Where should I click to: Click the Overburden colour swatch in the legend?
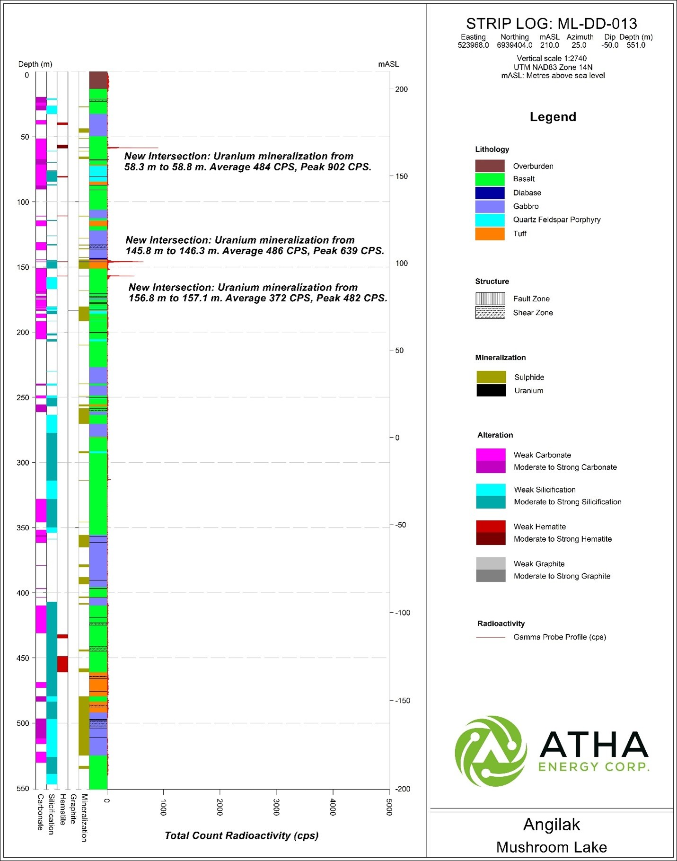tap(490, 166)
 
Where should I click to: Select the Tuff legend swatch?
tap(490, 234)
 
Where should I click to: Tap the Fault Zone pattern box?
tap(490, 299)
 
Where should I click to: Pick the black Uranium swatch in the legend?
tap(491, 390)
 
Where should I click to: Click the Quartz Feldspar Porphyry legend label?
tap(556, 220)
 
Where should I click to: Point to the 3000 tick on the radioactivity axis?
tap(276, 807)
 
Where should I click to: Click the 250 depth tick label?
tap(23, 398)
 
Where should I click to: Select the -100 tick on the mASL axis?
tap(401, 613)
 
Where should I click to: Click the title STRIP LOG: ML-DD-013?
tap(551, 24)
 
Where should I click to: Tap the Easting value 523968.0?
tap(473, 45)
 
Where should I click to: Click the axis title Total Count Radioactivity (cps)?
tap(241, 835)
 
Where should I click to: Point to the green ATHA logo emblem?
tap(491, 751)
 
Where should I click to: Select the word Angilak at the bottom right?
tap(551, 825)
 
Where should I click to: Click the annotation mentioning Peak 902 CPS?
tap(248, 162)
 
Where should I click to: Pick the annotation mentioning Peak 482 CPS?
tap(258, 293)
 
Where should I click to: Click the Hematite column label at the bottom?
tap(62, 809)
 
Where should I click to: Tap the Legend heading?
tap(553, 117)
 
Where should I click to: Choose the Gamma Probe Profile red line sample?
tap(491, 637)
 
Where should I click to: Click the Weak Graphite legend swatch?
tap(491, 563)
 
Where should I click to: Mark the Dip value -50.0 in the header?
tap(610, 45)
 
